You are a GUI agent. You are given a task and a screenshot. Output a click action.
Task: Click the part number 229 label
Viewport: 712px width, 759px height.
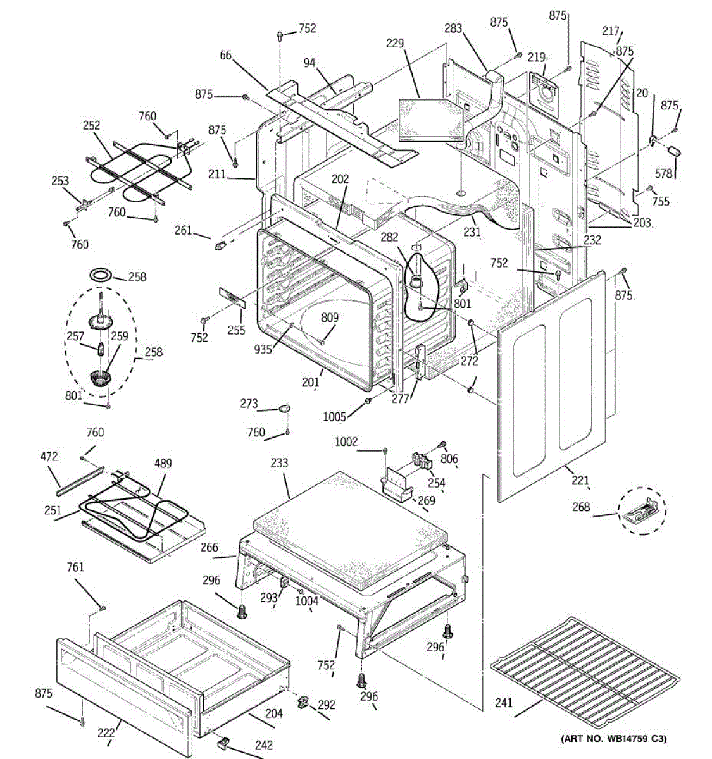tap(394, 43)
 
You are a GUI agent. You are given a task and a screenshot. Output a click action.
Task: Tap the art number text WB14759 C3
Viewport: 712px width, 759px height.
tap(613, 738)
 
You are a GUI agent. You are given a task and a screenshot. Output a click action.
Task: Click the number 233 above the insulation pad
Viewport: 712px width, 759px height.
tap(279, 463)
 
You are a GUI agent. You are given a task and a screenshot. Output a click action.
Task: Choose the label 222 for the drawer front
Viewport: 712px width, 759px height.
tap(106, 733)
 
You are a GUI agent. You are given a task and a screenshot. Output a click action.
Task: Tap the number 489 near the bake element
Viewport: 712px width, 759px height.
tap(163, 464)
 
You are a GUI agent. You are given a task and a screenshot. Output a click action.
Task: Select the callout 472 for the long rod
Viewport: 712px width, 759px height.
tap(49, 456)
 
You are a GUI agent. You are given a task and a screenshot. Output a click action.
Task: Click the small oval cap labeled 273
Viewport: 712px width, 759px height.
tap(284, 408)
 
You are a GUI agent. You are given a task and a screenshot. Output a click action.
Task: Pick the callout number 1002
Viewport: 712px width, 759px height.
tap(346, 441)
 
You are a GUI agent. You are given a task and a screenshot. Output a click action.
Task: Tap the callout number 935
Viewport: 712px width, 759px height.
tap(263, 348)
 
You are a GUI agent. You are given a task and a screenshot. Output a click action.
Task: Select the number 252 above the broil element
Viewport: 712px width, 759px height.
tap(91, 126)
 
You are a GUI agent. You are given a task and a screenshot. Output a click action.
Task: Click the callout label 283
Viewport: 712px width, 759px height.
tap(453, 28)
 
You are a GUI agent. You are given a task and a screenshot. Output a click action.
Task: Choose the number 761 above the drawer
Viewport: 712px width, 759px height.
tap(75, 567)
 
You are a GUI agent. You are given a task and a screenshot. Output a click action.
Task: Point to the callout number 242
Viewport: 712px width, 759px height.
tap(263, 745)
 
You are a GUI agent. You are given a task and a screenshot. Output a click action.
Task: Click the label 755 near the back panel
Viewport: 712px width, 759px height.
tap(660, 202)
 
